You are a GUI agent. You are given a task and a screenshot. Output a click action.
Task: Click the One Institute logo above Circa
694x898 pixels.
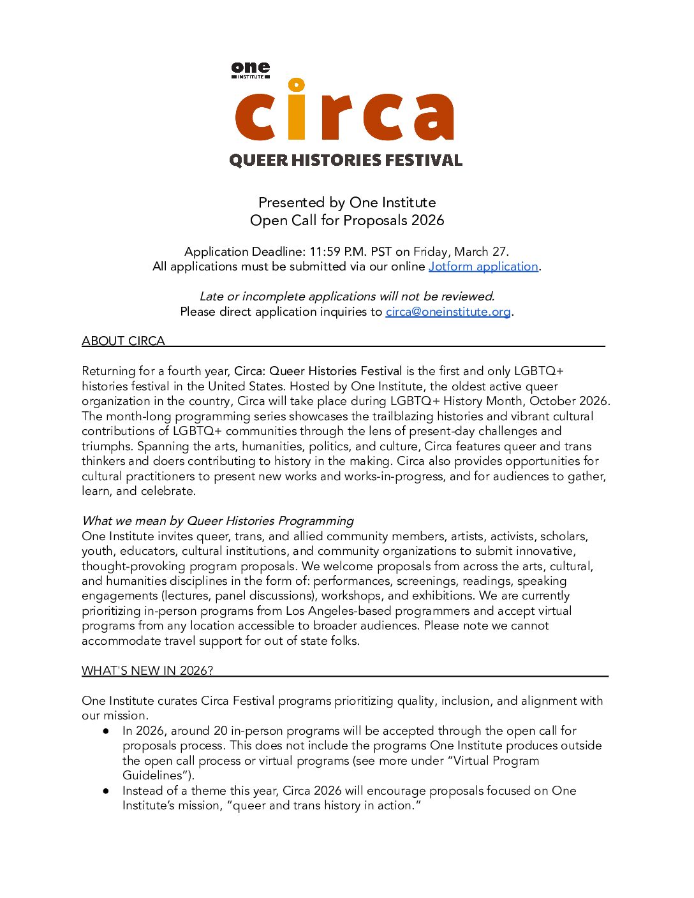pos(251,70)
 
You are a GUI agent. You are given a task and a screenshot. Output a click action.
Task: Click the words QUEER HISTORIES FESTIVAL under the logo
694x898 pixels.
pos(346,160)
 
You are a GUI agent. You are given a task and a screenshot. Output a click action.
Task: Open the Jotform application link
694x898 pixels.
pos(483,267)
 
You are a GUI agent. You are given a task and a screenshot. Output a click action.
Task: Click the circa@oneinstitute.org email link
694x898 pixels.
pos(448,312)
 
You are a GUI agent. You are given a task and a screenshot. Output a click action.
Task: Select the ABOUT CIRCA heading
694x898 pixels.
pos(123,341)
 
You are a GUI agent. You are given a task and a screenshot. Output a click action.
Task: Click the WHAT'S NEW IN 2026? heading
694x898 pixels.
pos(147,671)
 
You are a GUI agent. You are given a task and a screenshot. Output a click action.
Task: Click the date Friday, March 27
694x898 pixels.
pos(461,252)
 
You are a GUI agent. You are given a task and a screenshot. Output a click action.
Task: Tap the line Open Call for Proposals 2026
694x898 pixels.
pos(347,221)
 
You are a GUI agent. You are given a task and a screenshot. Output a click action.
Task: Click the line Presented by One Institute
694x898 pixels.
pos(347,203)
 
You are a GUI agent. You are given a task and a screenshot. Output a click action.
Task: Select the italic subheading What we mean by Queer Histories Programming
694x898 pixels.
pos(218,521)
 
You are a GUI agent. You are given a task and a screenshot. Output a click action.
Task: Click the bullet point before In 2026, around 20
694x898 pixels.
pos(107,731)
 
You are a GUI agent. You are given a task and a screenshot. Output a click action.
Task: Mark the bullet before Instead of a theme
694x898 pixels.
pos(107,791)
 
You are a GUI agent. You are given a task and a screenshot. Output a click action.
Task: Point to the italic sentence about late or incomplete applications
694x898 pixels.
pos(347,297)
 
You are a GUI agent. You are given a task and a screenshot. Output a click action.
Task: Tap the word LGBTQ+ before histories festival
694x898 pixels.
pos(538,371)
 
